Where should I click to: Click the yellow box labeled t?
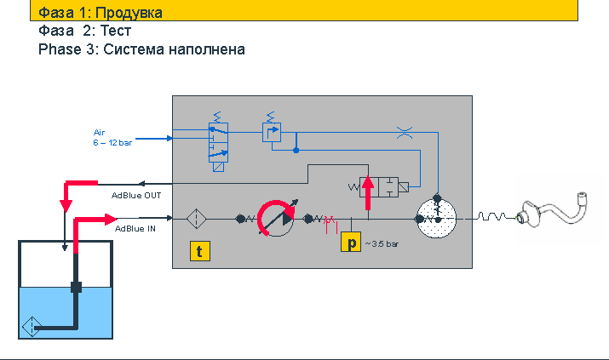click(200, 251)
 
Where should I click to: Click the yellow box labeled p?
click(351, 242)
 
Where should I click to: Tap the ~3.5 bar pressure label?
click(382, 244)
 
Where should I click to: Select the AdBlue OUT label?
click(136, 196)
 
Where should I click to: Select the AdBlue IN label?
click(135, 229)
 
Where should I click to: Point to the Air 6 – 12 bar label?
click(112, 138)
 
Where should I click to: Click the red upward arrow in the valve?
click(367, 192)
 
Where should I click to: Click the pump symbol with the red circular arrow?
click(277, 218)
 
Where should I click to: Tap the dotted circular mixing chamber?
click(436, 219)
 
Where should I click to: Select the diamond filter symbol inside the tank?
click(32, 327)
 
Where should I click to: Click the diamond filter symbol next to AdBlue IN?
click(197, 219)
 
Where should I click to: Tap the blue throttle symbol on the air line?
click(405, 133)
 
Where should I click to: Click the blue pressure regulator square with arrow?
click(272, 132)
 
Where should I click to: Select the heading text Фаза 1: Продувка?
click(101, 13)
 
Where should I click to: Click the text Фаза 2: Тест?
click(84, 31)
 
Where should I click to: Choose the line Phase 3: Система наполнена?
click(141, 49)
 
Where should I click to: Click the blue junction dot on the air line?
click(296, 150)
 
